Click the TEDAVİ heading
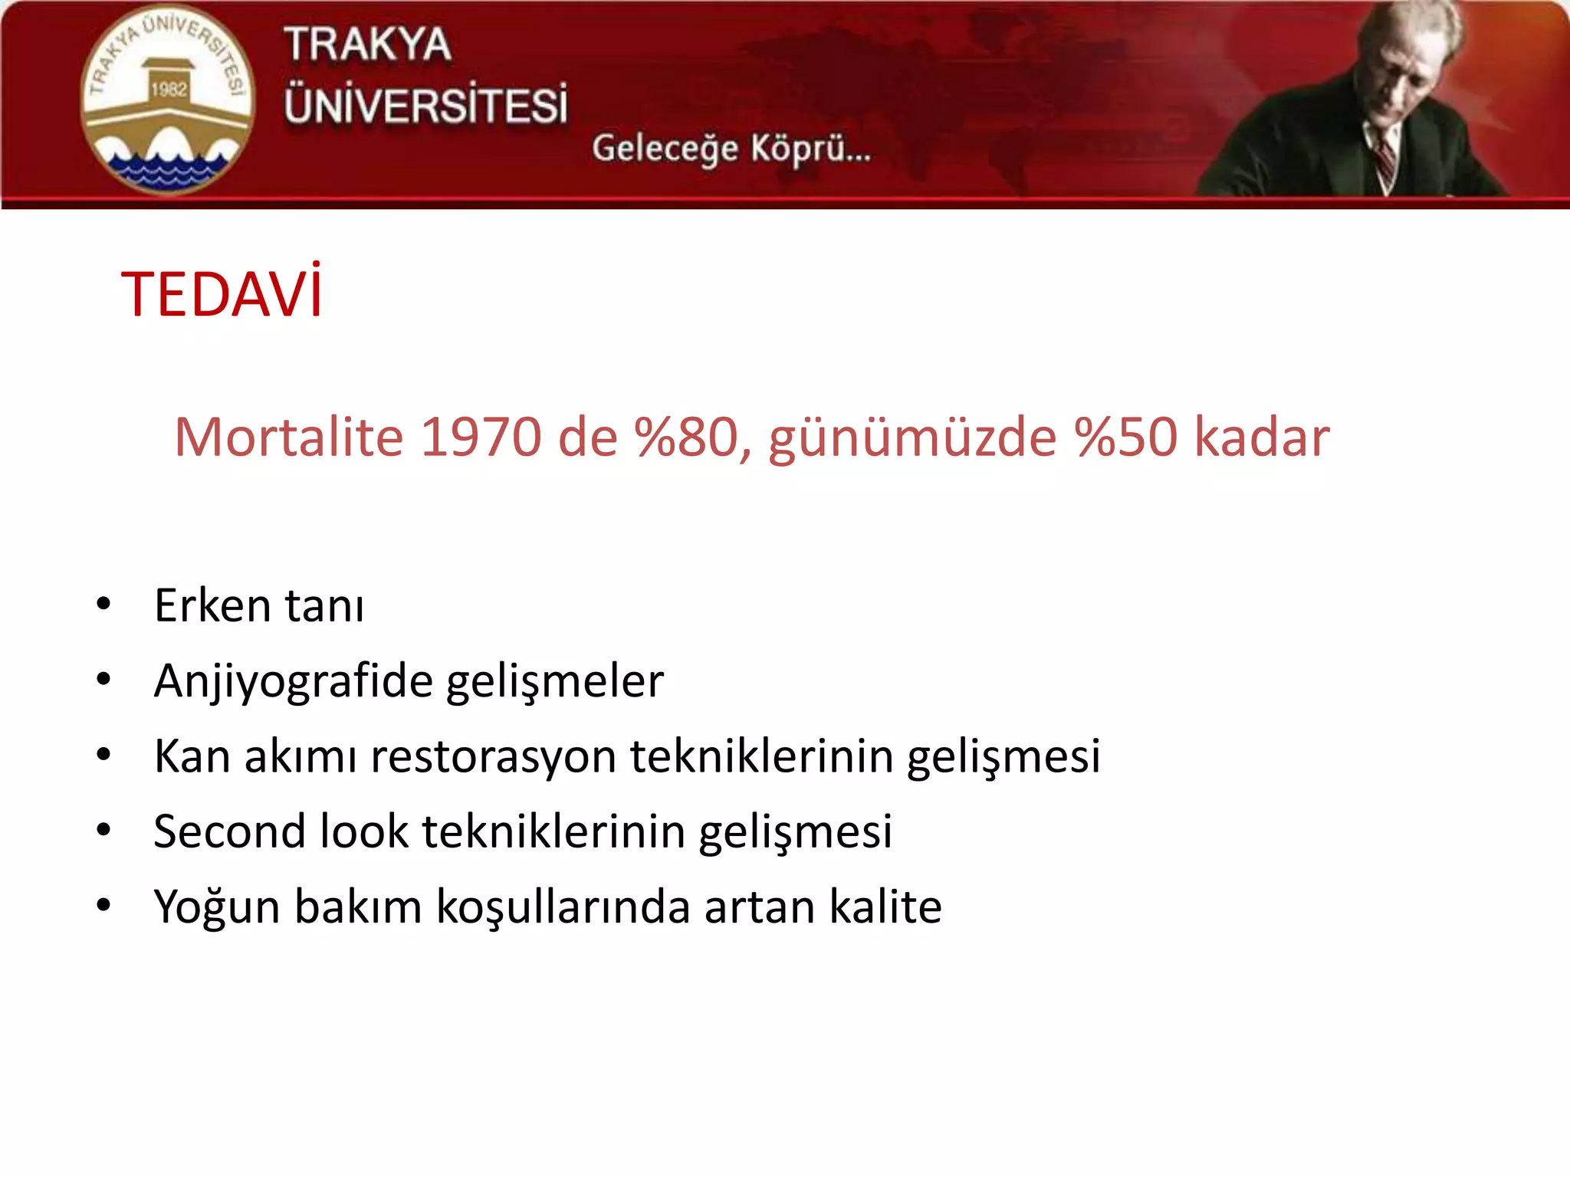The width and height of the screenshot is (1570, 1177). pyautogui.click(x=222, y=294)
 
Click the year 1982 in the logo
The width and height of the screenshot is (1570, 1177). pyautogui.click(x=169, y=90)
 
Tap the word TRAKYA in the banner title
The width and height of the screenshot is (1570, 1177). pyautogui.click(x=367, y=44)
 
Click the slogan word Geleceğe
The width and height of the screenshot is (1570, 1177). pyautogui.click(x=665, y=148)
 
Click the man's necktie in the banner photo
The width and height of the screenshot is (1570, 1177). pyautogui.click(x=1384, y=157)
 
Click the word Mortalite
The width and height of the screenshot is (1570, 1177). pyautogui.click(x=288, y=438)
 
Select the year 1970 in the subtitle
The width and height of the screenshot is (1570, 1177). pyautogui.click(x=481, y=438)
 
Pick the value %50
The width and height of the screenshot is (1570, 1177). pyautogui.click(x=1125, y=438)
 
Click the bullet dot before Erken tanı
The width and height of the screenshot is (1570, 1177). pyautogui.click(x=103, y=605)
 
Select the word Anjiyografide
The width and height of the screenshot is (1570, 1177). pyautogui.click(x=293, y=681)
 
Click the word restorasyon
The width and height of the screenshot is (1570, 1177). pyautogui.click(x=493, y=756)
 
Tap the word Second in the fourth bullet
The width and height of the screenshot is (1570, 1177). pyautogui.click(x=229, y=831)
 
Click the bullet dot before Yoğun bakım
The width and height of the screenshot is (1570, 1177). pyautogui.click(x=103, y=906)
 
